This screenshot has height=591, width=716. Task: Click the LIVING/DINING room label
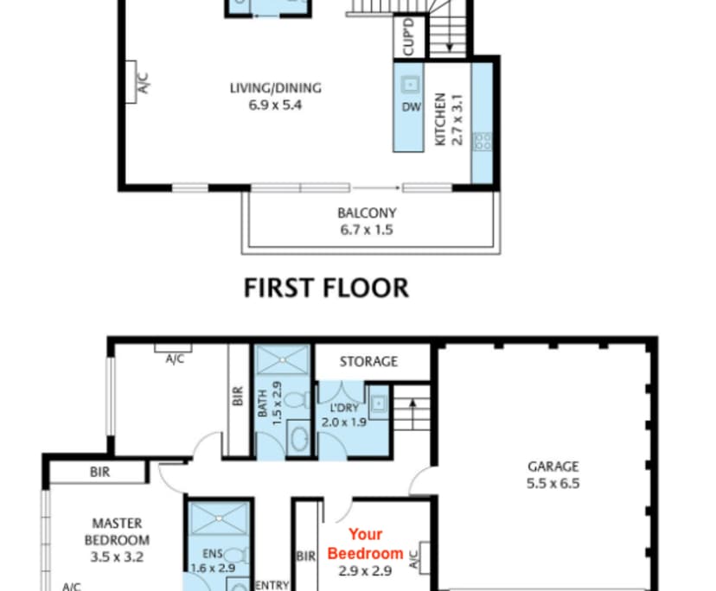275,88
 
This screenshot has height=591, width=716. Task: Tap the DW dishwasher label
409,109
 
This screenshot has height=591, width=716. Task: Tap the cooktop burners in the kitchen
483,141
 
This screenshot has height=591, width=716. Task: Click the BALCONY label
367,213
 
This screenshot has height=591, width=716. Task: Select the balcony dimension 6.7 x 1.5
367,230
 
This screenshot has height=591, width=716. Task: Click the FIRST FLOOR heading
326,288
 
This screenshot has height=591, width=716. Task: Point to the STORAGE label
368,361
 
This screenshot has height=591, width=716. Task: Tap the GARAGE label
553,467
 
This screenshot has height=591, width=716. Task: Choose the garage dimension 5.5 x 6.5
553,483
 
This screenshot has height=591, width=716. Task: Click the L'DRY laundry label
344,408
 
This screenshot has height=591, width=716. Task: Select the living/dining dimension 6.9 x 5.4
275,105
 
